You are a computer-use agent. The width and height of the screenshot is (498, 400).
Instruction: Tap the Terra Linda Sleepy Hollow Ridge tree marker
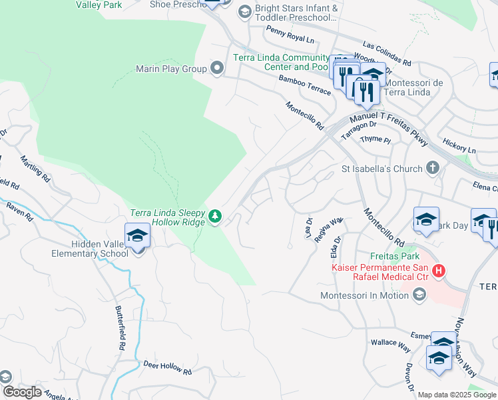click(x=215, y=215)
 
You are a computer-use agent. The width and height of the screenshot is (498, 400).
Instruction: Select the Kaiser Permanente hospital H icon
click(x=439, y=271)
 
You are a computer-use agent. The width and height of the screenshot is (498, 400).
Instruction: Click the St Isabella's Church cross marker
click(x=433, y=168)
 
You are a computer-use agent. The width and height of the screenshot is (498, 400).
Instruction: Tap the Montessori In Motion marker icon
click(x=419, y=294)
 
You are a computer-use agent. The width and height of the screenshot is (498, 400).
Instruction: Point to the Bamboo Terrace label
click(x=304, y=85)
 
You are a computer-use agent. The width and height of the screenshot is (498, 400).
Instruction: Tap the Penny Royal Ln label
click(x=290, y=35)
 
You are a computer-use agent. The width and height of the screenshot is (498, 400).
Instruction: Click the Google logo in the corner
click(x=21, y=392)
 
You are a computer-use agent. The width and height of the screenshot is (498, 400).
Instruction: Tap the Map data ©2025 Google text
click(x=457, y=395)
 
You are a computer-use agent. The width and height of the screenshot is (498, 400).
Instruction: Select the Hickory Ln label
click(x=459, y=146)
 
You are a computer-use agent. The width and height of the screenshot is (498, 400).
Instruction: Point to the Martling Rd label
click(x=35, y=169)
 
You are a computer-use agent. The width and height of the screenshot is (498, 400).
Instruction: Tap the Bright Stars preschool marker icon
click(x=244, y=11)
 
